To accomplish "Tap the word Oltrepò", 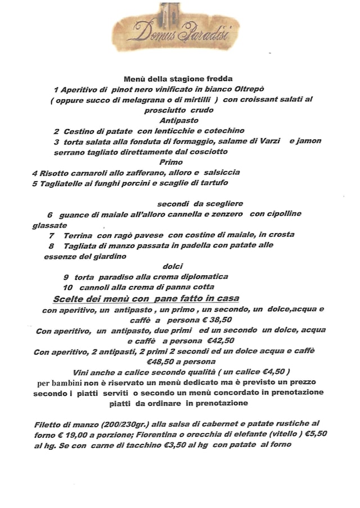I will pos(258,89).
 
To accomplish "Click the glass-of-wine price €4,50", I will pos(272,372).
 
